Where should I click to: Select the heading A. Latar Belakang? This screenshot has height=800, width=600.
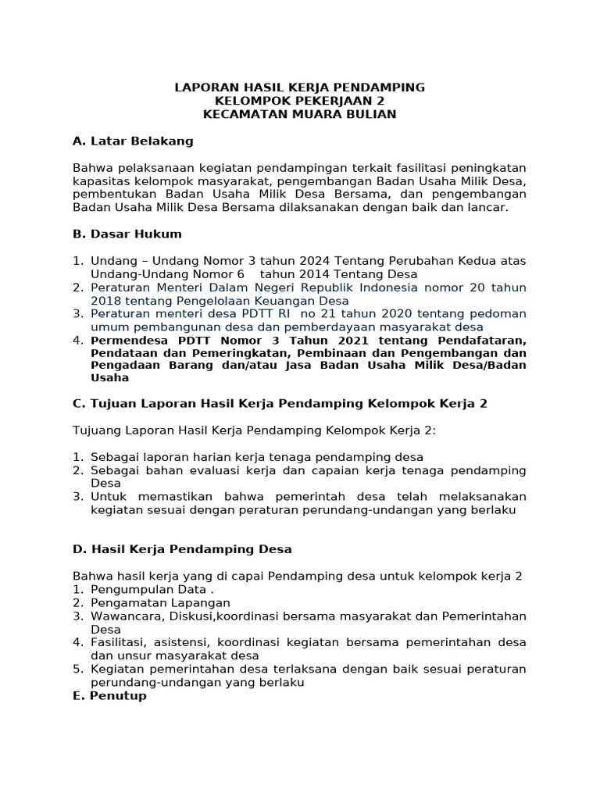click(x=132, y=141)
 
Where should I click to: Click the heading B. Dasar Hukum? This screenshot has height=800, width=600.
click(x=127, y=234)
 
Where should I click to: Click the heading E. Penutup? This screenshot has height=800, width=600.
click(x=109, y=695)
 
